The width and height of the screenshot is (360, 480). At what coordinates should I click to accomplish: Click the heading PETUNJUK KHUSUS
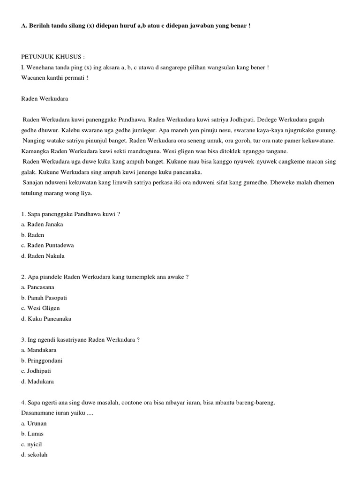pyautogui.click(x=53, y=57)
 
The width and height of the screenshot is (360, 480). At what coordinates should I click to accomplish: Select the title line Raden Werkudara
pyautogui.click(x=45, y=99)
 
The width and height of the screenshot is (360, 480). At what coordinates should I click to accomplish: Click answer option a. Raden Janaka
pyautogui.click(x=42, y=224)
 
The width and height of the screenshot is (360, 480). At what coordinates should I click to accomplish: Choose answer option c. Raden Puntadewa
pyautogui.click(x=47, y=245)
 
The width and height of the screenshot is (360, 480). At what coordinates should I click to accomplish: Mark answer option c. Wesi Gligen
pyautogui.click(x=40, y=308)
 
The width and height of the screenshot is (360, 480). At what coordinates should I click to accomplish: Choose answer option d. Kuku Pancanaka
pyautogui.click(x=46, y=319)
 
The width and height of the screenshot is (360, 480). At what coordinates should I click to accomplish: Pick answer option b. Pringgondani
pyautogui.click(x=42, y=360)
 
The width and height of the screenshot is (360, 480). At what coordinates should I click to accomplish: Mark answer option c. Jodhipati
pyautogui.click(x=37, y=371)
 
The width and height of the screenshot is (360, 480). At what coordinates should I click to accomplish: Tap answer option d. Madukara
pyautogui.click(x=37, y=382)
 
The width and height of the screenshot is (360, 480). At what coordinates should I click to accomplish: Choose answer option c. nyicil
pyautogui.click(x=32, y=444)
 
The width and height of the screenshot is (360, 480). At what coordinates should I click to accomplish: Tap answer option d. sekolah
pyautogui.click(x=34, y=455)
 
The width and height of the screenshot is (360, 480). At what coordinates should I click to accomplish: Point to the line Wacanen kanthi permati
pyautogui.click(x=54, y=77)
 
